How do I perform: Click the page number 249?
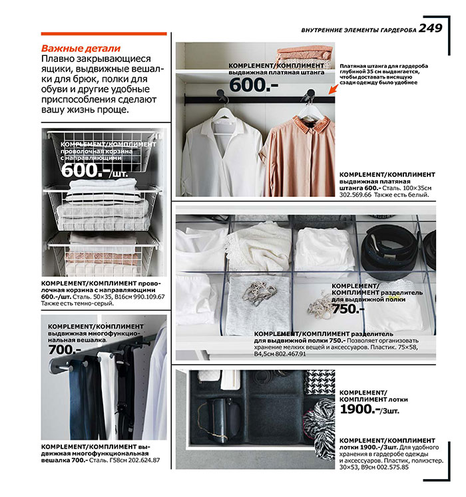[431, 29]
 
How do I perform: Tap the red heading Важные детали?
[81, 49]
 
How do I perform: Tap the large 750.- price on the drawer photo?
[349, 309]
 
